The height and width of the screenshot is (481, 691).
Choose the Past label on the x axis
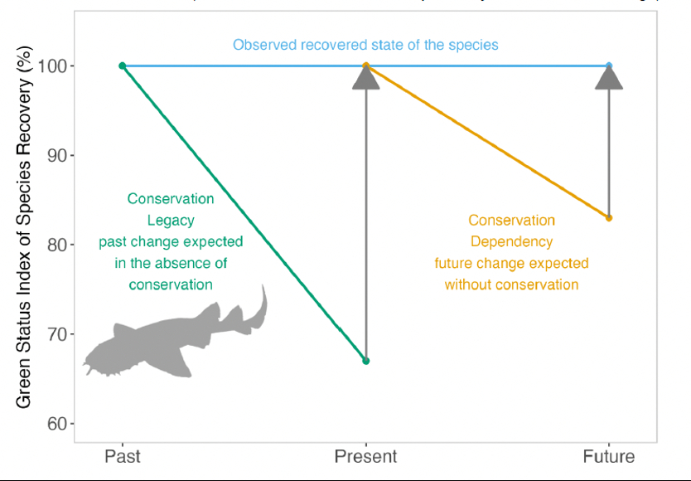[x=122, y=456]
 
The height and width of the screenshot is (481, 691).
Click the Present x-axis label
[x=365, y=456]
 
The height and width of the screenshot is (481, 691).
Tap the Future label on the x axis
[x=608, y=456]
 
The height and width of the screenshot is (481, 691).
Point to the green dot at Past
[x=122, y=66]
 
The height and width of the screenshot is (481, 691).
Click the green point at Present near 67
[x=365, y=361]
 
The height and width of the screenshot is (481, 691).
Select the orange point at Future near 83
[x=609, y=218]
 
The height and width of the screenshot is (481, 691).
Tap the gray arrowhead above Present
[x=365, y=77]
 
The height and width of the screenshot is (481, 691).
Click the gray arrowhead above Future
[x=609, y=77]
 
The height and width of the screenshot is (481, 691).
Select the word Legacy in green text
[x=171, y=220]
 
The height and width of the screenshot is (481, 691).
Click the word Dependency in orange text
[x=511, y=241]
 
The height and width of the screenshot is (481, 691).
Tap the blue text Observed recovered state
[x=365, y=44]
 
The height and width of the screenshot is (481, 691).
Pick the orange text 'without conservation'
[x=511, y=284]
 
